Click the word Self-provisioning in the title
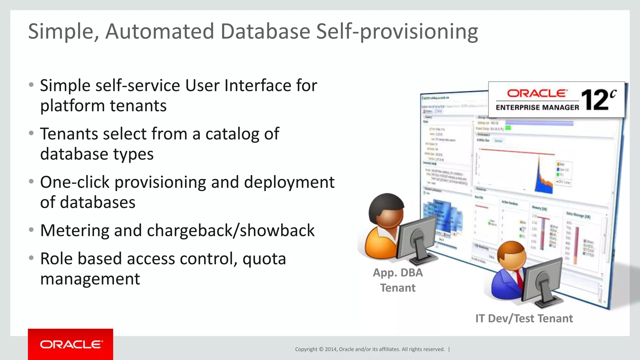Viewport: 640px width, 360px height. point(397,32)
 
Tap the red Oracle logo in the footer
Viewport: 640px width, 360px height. point(71,344)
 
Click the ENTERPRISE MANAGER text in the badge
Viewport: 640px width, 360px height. point(537,107)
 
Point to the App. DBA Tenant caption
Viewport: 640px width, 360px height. point(397,280)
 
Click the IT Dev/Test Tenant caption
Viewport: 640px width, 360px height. point(524,318)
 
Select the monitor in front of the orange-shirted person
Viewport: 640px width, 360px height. point(417,237)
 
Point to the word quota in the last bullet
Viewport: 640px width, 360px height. point(264,259)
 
